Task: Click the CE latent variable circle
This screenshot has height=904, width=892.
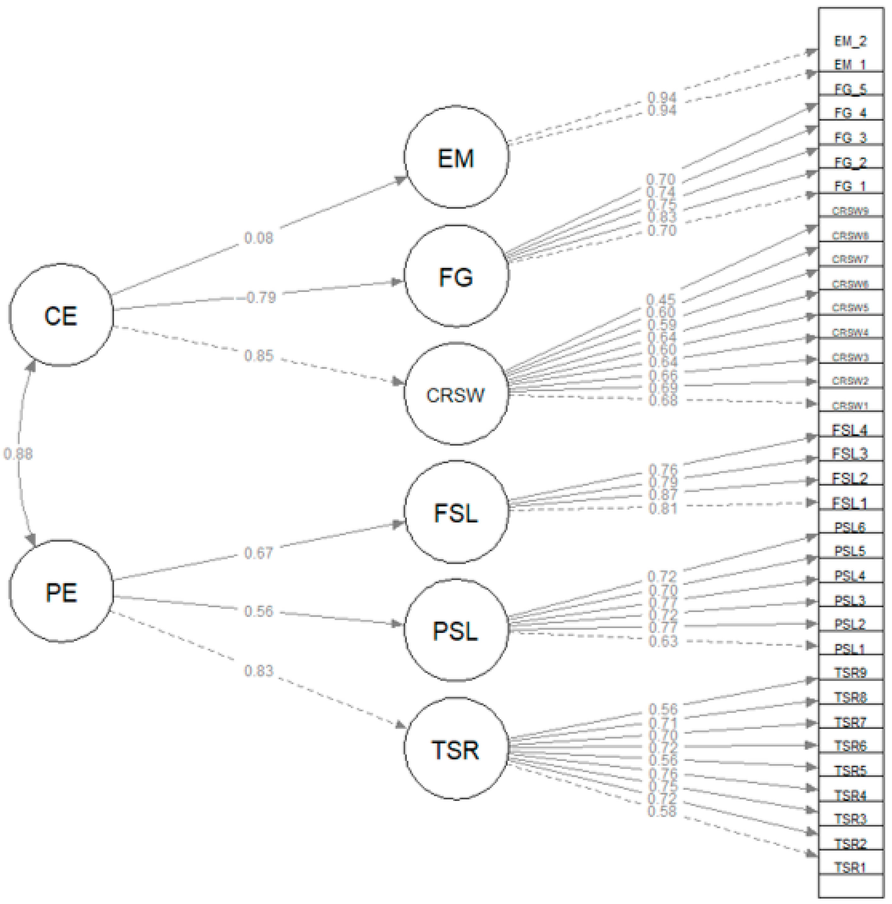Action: pos(61,315)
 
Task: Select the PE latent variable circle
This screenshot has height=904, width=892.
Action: pos(61,591)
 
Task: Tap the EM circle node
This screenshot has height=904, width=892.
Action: pos(456,157)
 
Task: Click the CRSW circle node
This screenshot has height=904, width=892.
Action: pos(456,394)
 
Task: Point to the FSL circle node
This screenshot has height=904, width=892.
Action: pos(456,512)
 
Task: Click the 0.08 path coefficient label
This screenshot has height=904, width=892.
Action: pos(258,238)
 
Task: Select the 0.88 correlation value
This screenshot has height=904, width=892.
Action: pos(18,453)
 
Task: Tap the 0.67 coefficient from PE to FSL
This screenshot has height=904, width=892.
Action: pos(258,552)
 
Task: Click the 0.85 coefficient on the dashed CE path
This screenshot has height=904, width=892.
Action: pos(258,356)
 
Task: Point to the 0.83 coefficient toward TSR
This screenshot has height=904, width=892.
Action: pos(258,671)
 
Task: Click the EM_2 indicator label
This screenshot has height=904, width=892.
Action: pos(850,41)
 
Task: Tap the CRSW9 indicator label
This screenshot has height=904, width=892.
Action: pos(850,210)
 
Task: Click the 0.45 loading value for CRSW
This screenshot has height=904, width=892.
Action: pos(661,299)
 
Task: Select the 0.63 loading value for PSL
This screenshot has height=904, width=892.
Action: pos(663,641)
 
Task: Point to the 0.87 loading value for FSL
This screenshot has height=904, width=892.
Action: pos(663,495)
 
